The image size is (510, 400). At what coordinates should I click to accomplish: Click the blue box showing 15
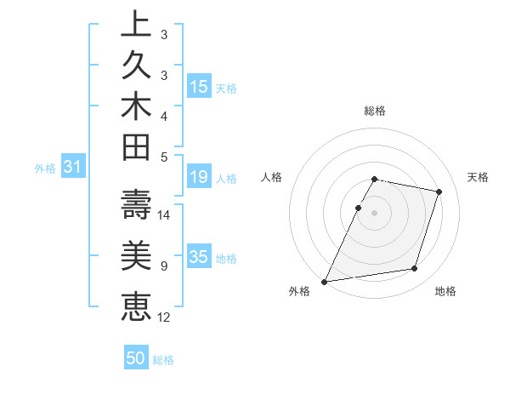point(199,86)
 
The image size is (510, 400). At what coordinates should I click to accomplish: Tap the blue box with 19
point(199,177)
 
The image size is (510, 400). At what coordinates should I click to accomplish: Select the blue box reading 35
point(199,257)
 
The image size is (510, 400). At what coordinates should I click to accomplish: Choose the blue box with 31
point(73,168)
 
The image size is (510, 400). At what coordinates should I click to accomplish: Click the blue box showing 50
point(136,358)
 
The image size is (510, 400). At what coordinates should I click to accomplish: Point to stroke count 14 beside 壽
point(165,214)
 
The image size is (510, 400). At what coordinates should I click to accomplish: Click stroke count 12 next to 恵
point(165,317)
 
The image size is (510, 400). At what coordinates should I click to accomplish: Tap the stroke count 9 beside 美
point(163,266)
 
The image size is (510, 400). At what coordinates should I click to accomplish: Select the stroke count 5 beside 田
point(163,157)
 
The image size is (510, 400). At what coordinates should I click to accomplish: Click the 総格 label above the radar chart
point(375,111)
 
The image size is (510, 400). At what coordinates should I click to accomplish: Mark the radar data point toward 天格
point(439,191)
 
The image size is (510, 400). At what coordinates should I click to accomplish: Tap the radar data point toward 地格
point(415,269)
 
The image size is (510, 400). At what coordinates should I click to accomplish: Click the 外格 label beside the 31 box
point(45,169)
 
